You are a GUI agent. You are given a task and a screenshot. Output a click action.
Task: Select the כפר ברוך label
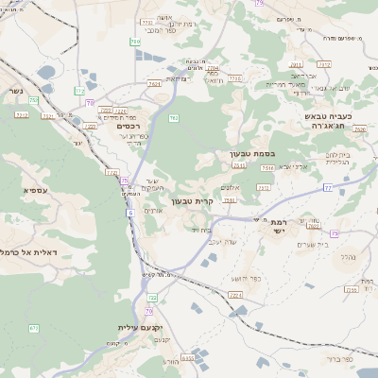335,359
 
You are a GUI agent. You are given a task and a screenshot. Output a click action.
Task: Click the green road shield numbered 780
134,42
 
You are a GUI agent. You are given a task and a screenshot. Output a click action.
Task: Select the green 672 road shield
34,329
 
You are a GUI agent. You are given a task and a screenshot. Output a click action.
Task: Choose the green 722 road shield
152,298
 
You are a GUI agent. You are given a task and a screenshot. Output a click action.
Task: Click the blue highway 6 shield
129,214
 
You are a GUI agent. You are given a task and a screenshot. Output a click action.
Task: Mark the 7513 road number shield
268,167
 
